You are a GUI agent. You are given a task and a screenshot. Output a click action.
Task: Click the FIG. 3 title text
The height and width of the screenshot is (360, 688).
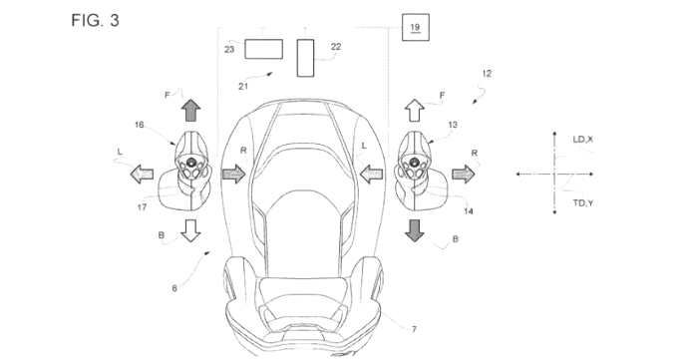[95, 20]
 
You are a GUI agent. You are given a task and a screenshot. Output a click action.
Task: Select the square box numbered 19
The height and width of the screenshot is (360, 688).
[416, 27]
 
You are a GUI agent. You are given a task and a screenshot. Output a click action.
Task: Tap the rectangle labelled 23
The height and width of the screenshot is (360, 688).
[263, 49]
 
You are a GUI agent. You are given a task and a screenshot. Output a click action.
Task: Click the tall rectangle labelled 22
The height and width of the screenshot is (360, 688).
[305, 58]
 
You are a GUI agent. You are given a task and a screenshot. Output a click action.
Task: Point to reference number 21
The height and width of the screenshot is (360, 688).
[243, 87]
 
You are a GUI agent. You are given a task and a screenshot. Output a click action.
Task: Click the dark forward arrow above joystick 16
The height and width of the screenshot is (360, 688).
[191, 111]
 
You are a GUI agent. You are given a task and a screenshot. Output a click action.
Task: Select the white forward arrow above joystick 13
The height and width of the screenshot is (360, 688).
[414, 111]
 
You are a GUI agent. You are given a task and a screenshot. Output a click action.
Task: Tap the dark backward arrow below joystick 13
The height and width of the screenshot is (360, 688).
[414, 230]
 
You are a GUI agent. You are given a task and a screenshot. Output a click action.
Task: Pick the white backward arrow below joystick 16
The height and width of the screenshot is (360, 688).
[190, 230]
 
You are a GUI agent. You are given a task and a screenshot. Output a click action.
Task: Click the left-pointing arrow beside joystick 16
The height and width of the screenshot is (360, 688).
[143, 175]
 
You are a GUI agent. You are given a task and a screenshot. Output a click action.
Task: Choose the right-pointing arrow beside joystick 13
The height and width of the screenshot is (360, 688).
[464, 175]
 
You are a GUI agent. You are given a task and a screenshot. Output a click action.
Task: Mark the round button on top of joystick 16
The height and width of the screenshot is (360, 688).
[191, 163]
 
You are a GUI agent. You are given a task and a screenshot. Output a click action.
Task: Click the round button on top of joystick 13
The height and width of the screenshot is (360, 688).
[414, 163]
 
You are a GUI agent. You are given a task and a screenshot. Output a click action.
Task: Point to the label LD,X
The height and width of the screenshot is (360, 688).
[582, 140]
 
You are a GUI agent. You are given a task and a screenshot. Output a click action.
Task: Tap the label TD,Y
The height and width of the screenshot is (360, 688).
[583, 202]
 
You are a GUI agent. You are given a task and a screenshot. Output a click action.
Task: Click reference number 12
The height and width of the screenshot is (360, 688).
[487, 74]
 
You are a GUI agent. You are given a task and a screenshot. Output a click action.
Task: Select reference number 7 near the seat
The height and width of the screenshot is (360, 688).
[414, 329]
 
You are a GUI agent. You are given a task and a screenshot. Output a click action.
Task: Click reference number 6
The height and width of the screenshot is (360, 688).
[174, 288]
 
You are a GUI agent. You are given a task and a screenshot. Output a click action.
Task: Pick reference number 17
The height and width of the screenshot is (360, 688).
[142, 207]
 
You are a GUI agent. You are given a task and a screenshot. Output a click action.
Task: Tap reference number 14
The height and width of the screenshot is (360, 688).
[469, 211]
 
